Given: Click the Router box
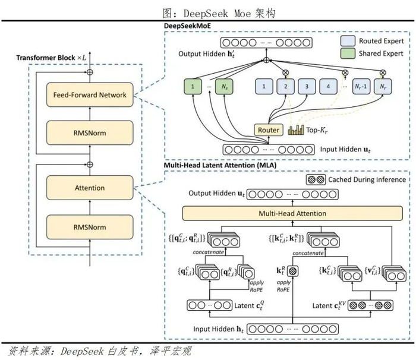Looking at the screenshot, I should [269, 130].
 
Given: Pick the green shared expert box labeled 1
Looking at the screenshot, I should [193, 87].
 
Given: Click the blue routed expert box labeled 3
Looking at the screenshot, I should [307, 87].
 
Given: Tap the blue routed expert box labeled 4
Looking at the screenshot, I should [328, 87].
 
